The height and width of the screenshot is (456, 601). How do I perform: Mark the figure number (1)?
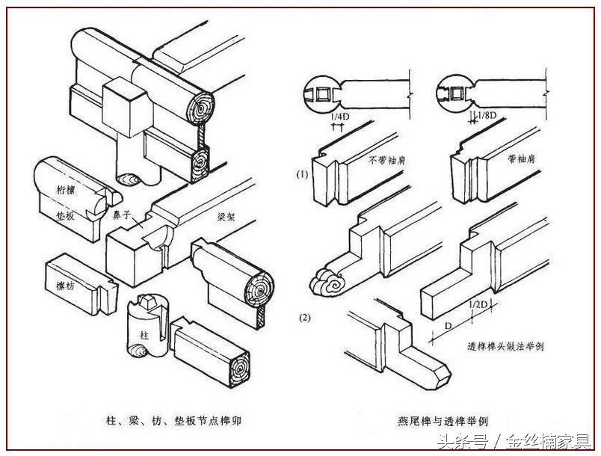[x=301, y=174]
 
